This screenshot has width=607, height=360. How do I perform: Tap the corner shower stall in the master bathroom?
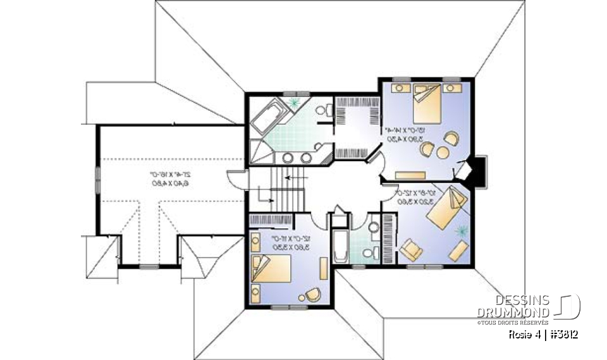pyautogui.click(x=258, y=151)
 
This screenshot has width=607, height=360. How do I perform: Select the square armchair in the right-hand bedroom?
pyautogui.click(x=412, y=250)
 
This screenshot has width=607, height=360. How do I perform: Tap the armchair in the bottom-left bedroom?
pyautogui.click(x=312, y=294)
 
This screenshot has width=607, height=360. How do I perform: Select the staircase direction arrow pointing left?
pyautogui.click(x=293, y=178)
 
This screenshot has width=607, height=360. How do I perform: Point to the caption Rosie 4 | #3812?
pyautogui.click(x=542, y=333)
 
